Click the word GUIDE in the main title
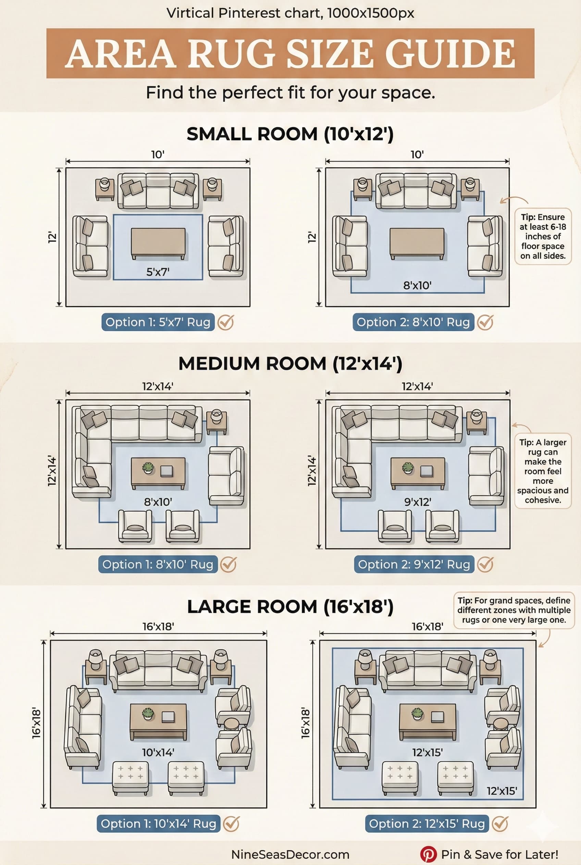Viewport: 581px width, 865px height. pyautogui.click(x=450, y=54)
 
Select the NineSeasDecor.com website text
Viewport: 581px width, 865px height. pyautogui.click(x=290, y=854)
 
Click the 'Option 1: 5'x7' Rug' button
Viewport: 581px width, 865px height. pyautogui.click(x=158, y=322)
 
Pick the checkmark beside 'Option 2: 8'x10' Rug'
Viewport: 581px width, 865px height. pyautogui.click(x=485, y=322)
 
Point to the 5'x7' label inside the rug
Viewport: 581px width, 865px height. pyautogui.click(x=158, y=272)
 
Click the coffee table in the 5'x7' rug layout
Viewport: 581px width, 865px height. pyautogui.click(x=158, y=242)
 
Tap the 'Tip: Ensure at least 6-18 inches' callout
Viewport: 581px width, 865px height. pyautogui.click(x=543, y=236)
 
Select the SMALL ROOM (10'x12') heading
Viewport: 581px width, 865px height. pyautogui.click(x=290, y=134)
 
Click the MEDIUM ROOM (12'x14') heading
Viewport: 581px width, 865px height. pyautogui.click(x=290, y=363)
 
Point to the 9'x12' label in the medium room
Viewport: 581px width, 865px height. pyautogui.click(x=418, y=502)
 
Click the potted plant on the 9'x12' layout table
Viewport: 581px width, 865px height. pyautogui.click(x=408, y=467)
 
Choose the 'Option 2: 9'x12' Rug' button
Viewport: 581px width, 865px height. pyautogui.click(x=414, y=564)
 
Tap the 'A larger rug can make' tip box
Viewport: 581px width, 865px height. pyautogui.click(x=543, y=471)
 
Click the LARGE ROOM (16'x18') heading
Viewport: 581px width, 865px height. pyautogui.click(x=290, y=607)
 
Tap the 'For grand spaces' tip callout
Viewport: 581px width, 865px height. pyautogui.click(x=514, y=610)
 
